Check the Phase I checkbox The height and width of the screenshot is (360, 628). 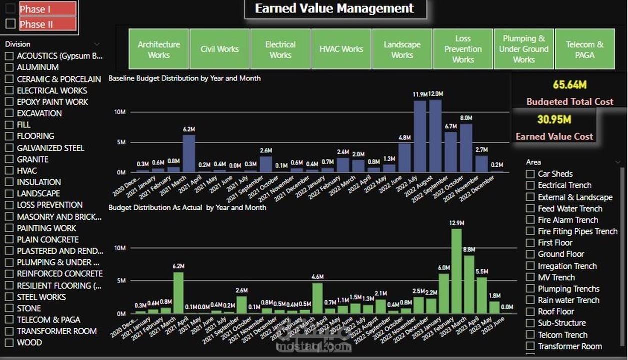click(10, 9)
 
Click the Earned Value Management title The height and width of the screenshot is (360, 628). click(334, 8)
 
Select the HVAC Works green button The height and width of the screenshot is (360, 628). click(341, 49)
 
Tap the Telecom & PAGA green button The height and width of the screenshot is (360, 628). click(584, 49)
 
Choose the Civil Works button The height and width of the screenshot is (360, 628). click(219, 49)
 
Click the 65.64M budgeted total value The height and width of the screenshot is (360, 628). click(569, 84)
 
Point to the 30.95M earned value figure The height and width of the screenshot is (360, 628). click(554, 119)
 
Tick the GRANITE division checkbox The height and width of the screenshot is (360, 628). click(9, 159)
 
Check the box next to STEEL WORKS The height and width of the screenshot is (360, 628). click(9, 297)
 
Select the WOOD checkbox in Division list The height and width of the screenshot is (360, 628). click(9, 343)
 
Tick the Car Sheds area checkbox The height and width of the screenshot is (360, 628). click(530, 174)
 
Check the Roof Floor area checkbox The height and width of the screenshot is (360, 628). click(530, 311)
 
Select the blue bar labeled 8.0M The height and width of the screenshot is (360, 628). click(466, 148)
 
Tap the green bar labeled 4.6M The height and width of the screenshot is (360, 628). click(317, 298)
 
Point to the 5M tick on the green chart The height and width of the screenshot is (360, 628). click(121, 281)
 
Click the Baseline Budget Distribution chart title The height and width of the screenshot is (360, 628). click(184, 78)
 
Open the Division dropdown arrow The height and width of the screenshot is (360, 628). click(97, 44)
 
